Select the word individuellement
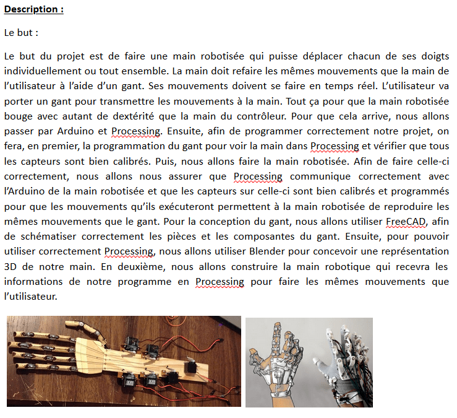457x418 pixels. (x=41, y=71)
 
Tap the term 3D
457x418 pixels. (x=11, y=266)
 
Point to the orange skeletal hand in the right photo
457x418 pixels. (x=272, y=359)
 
